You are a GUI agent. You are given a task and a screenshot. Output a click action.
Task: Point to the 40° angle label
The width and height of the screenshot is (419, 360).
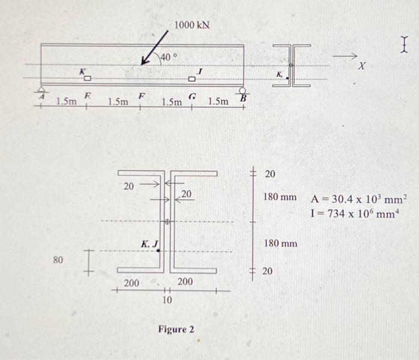click(168, 57)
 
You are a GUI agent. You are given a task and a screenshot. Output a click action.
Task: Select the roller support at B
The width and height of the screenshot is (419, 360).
click(242, 91)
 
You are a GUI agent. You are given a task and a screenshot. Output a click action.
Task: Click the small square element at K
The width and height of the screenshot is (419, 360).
click(87, 78)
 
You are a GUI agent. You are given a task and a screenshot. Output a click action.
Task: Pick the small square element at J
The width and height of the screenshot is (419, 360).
click(192, 78)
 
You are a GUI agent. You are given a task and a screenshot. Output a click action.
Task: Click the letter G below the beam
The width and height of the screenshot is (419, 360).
click(192, 96)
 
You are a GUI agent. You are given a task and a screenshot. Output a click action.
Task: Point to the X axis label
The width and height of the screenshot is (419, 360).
click(361, 68)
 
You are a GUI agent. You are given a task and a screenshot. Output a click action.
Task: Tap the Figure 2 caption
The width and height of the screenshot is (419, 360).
click(176, 330)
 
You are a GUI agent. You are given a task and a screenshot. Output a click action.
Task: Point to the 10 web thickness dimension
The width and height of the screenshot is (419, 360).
click(168, 299)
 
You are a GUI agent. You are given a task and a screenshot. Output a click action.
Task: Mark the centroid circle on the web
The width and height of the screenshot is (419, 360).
click(168, 222)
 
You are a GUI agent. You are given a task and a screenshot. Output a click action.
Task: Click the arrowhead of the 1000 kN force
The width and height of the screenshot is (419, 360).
click(143, 63)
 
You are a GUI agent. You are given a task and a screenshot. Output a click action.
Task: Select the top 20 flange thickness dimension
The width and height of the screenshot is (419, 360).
click(270, 173)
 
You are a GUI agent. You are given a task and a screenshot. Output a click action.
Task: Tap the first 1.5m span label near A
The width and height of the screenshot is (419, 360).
click(66, 102)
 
